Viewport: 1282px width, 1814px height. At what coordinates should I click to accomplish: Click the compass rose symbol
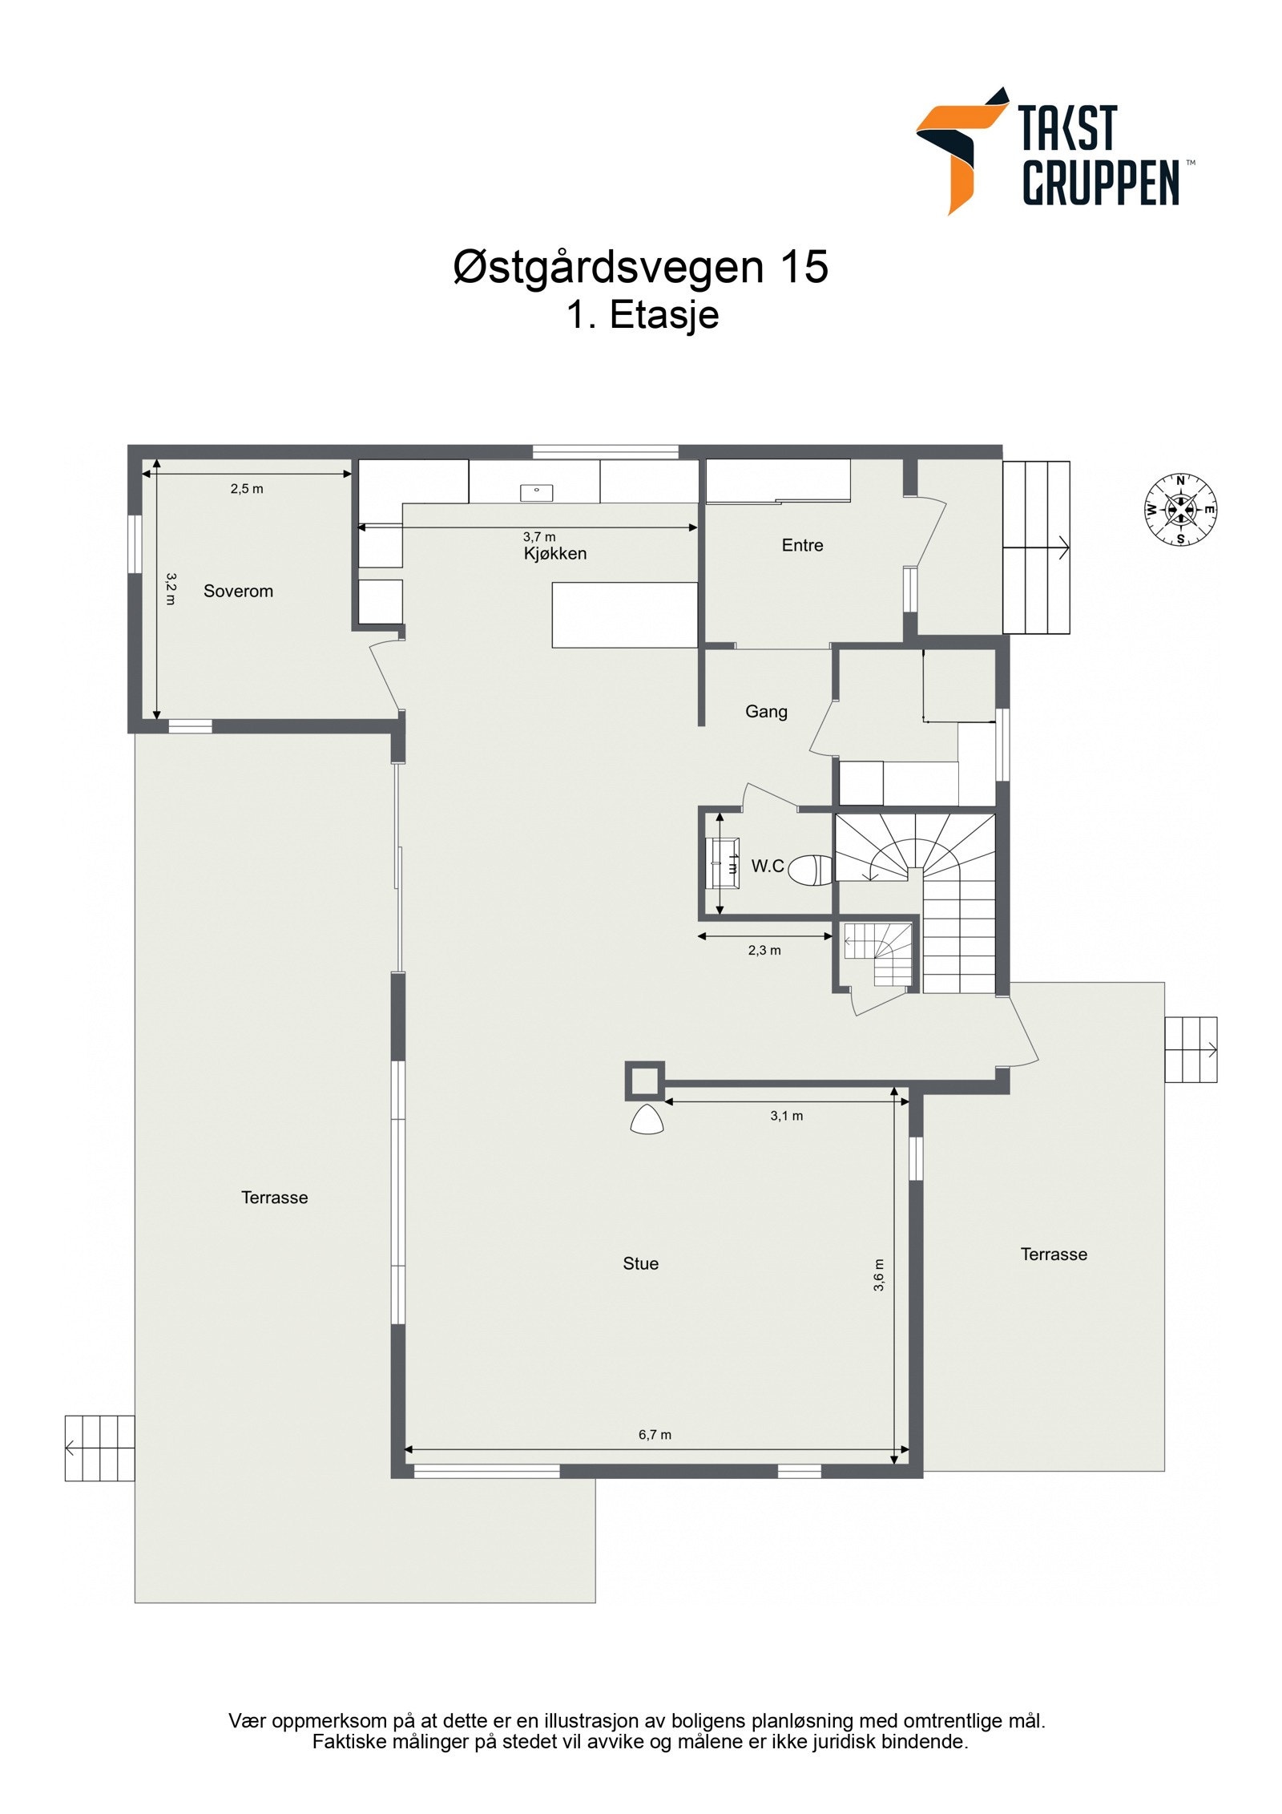point(1179,509)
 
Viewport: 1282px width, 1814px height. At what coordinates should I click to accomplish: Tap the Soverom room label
point(238,591)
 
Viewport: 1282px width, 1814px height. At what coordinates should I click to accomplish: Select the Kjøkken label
point(554,553)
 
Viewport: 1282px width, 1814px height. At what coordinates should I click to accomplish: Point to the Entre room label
point(802,545)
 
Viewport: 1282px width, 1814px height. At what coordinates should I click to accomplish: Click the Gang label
point(766,711)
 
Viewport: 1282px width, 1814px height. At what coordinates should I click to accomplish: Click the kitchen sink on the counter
point(536,492)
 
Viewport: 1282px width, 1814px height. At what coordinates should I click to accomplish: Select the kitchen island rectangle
point(624,615)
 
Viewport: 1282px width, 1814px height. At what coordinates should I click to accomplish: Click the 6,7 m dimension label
point(655,1434)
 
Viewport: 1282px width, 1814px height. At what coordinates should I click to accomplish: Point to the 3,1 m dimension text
point(786,1115)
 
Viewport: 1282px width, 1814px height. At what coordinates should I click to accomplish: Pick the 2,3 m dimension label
point(764,950)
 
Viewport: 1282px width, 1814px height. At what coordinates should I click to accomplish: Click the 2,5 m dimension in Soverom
point(247,488)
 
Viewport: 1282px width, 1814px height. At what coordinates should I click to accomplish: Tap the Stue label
point(640,1263)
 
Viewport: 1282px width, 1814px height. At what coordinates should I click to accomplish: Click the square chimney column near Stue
point(644,1081)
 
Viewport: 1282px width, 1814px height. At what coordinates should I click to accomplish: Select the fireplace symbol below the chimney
point(647,1120)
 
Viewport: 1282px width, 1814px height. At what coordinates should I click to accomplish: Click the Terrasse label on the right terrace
point(1053,1254)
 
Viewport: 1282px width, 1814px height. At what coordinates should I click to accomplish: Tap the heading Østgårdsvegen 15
point(640,266)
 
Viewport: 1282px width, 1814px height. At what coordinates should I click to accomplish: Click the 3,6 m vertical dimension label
point(879,1275)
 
